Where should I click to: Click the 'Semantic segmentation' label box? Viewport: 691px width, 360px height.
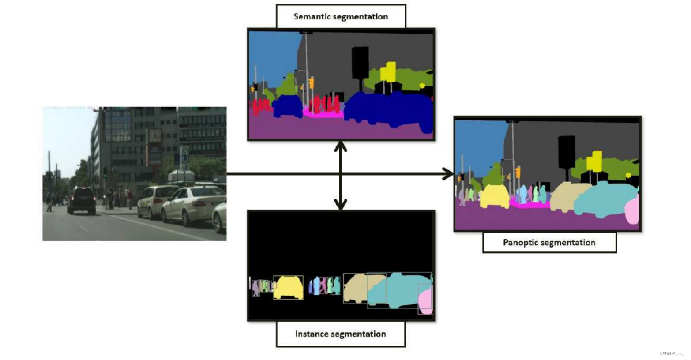[x=341, y=17]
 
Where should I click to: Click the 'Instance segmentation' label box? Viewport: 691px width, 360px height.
[x=341, y=334]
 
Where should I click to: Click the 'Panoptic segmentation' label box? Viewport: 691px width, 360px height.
[x=549, y=243]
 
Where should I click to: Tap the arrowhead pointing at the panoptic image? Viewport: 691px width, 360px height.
[x=448, y=173]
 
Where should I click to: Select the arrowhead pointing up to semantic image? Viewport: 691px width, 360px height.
[x=340, y=146]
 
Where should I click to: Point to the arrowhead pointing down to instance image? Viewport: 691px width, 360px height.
[x=340, y=204]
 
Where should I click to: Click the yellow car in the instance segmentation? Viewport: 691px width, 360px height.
[x=288, y=288]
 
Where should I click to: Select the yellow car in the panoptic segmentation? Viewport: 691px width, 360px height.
[x=495, y=195]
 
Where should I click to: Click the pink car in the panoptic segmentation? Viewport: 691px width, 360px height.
[x=633, y=211]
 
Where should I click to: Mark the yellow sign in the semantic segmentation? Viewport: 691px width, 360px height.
[x=388, y=71]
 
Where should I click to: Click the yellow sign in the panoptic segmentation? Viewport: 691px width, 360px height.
[x=595, y=162]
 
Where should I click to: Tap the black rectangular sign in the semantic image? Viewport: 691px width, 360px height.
[x=360, y=62]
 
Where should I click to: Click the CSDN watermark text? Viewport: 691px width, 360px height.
[x=671, y=354]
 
